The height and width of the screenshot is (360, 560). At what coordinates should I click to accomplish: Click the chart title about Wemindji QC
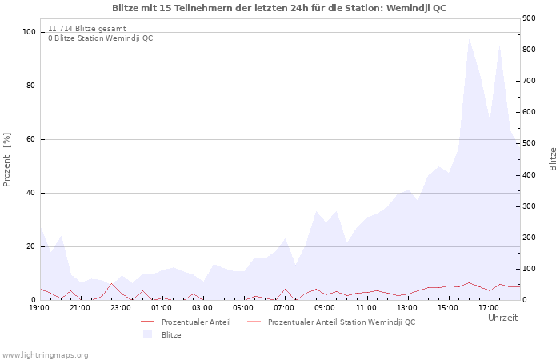[x=279, y=8]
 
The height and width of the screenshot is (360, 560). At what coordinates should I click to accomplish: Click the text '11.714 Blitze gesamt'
[x=86, y=28]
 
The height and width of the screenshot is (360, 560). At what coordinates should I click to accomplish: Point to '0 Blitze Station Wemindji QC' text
[x=100, y=38]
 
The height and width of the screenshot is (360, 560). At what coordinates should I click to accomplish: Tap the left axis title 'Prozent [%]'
[x=7, y=160]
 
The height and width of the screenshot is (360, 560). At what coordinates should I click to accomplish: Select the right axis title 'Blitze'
[x=553, y=158]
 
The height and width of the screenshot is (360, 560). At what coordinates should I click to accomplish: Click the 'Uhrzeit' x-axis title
[x=502, y=318]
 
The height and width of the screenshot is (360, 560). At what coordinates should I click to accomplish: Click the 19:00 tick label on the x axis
[x=39, y=307]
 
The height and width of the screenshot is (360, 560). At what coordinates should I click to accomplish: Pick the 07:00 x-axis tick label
[x=284, y=307]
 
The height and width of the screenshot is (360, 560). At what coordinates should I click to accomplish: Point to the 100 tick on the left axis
[x=29, y=32]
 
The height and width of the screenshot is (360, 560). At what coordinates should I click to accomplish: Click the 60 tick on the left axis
[x=31, y=139]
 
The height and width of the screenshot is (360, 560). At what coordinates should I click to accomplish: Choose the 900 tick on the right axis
[x=530, y=18]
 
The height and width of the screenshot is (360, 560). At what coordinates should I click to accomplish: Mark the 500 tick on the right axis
[x=530, y=143]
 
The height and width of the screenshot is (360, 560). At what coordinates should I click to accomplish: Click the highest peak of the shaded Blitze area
[x=469, y=39]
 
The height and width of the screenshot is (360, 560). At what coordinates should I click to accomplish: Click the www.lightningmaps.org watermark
[x=45, y=354]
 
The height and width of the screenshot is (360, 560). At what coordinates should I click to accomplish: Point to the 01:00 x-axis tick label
[x=162, y=307]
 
